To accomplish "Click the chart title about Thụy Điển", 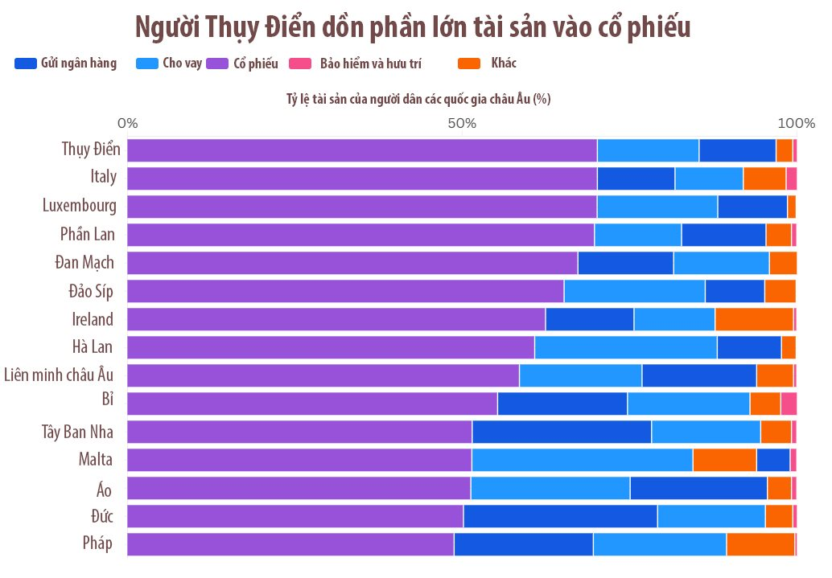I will click(x=413, y=27).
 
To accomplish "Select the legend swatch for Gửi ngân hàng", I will click(x=26, y=64).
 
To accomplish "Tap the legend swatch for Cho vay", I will click(x=147, y=64).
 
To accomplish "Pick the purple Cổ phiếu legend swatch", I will click(x=217, y=64).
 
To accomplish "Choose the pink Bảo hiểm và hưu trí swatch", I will click(x=300, y=64).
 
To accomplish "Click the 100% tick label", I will click(x=797, y=124).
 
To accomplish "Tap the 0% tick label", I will click(x=127, y=124).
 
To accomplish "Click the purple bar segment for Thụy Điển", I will click(x=362, y=150).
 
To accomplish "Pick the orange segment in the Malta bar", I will click(x=724, y=460).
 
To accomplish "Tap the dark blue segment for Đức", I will click(x=560, y=516).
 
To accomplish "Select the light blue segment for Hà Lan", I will click(x=625, y=347).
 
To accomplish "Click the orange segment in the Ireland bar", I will click(x=754, y=319).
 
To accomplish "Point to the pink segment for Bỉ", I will click(x=789, y=404).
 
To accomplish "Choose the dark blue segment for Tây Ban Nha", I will click(x=562, y=432).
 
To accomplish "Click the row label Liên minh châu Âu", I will click(x=59, y=375).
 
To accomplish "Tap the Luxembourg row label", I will click(x=79, y=206).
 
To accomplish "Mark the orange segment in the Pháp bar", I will click(x=760, y=544).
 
